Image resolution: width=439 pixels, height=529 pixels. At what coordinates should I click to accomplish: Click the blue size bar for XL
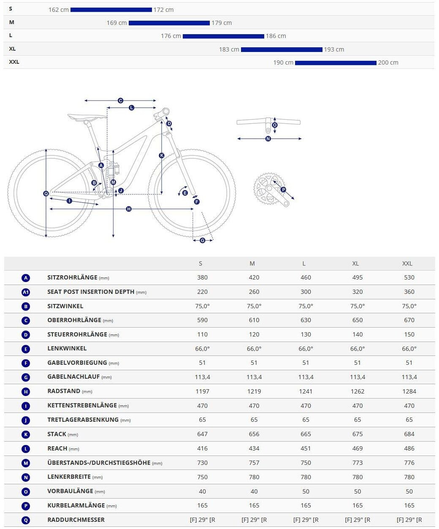282,49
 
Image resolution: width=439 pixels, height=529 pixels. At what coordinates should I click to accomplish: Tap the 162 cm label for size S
58,10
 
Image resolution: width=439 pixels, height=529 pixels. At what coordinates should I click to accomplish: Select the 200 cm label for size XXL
388,62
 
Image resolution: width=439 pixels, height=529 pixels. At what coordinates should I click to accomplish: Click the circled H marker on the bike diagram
129,209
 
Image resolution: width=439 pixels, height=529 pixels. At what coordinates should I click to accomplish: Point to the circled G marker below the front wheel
203,240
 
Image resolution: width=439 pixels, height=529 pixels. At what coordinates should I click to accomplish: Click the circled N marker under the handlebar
268,138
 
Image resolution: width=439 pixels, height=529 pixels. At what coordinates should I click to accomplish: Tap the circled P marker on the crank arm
283,190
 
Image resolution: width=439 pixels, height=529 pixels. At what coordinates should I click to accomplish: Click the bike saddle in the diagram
87,117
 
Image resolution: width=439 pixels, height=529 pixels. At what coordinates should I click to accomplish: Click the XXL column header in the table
407,263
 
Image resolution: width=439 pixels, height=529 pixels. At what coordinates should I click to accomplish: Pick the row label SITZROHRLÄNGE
72,277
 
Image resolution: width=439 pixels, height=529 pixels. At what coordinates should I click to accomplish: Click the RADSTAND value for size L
306,391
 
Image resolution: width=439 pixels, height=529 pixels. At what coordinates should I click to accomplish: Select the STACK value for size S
202,434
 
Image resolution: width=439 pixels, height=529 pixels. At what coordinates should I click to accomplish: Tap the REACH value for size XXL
409,448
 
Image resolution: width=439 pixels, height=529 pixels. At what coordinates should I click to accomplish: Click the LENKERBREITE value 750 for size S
202,477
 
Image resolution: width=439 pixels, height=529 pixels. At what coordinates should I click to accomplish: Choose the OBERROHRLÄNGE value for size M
254,320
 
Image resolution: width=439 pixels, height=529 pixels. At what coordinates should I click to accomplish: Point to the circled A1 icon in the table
26,292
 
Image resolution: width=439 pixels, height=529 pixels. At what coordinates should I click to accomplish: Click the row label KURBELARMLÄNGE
76,505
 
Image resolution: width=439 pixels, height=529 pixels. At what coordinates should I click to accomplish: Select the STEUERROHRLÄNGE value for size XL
357,334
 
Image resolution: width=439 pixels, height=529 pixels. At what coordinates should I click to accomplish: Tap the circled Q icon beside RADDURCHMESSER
26,520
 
